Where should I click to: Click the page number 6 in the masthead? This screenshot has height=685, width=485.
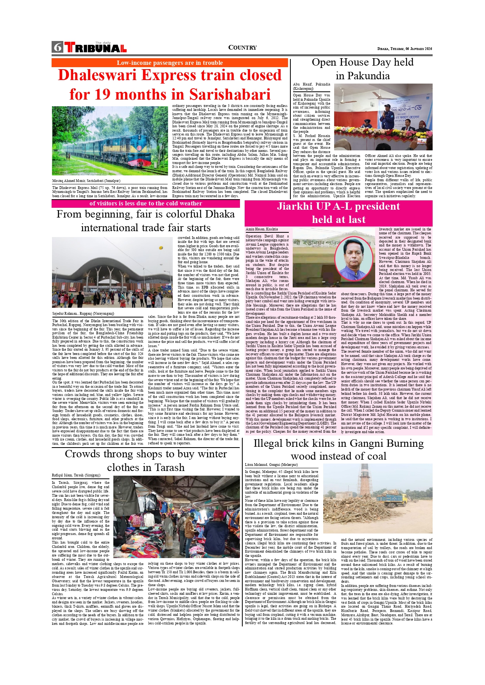(x=58, y=47)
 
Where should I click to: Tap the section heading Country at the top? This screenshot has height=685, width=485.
(x=242, y=48)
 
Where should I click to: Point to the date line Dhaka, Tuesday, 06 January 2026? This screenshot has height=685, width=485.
(x=404, y=49)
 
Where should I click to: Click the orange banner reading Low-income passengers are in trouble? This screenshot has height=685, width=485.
(x=170, y=63)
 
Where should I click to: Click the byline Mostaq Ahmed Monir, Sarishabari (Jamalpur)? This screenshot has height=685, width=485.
(x=86, y=181)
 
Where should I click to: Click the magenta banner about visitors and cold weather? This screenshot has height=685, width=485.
(x=145, y=203)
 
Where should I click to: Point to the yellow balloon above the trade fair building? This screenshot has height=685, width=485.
(x=161, y=248)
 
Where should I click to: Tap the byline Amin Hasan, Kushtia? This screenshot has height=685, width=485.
(x=262, y=229)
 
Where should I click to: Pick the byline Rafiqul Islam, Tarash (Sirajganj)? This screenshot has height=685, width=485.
(x=76, y=475)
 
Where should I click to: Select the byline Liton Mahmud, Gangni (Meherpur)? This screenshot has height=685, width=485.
(x=271, y=465)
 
